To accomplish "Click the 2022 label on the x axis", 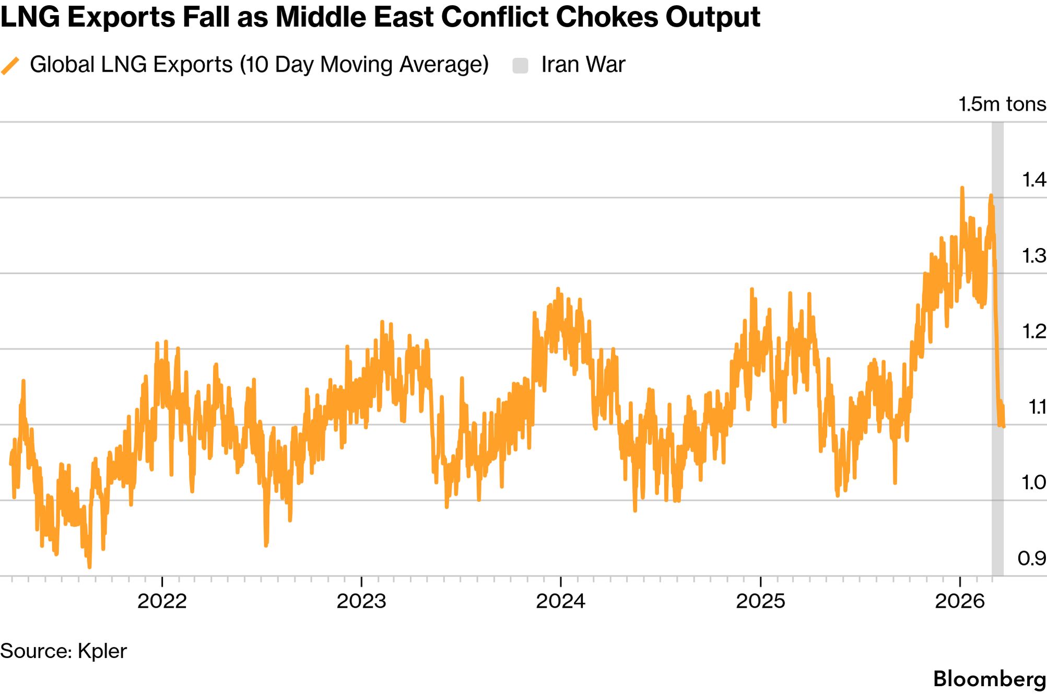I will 162,602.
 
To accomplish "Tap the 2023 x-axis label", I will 361,602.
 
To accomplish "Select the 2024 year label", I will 561,602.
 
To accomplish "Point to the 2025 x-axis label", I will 760,602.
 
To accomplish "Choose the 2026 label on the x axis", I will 960,602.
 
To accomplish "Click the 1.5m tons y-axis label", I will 1002,104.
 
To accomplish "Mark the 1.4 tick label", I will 1033,180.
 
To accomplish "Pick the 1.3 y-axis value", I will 1033,256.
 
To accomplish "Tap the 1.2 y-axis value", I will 1033,331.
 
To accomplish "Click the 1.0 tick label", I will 1033,483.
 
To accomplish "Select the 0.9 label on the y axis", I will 1032,559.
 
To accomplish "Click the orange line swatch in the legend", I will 10,66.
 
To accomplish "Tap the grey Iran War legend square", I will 520,66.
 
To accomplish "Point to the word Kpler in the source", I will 102,651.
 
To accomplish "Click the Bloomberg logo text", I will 989,679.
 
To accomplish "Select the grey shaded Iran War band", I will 997,366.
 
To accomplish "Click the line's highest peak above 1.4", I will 962,188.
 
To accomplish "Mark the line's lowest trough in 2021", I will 89,567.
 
